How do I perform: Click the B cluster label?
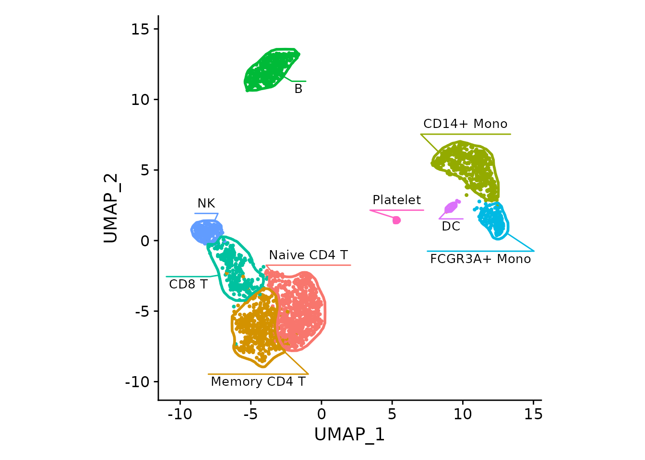point(298,89)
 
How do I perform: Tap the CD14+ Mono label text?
point(465,124)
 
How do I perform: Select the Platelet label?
point(396,200)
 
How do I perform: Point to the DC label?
point(451,227)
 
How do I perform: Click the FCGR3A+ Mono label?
point(480,259)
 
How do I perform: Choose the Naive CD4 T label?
point(308,255)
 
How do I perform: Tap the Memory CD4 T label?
point(258,382)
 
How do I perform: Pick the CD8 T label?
point(188,285)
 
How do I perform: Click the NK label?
point(206,204)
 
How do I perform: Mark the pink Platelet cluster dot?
point(396,220)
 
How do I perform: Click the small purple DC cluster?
point(451,207)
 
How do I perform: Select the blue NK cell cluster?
point(206,231)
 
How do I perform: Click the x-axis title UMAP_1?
point(349,435)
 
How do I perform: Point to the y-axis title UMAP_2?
point(111,208)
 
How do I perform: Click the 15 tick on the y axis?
point(141,29)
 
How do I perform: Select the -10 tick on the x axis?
point(180,414)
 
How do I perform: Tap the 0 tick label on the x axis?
point(322,414)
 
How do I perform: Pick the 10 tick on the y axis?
point(141,100)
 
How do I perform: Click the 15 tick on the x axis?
point(533,414)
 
